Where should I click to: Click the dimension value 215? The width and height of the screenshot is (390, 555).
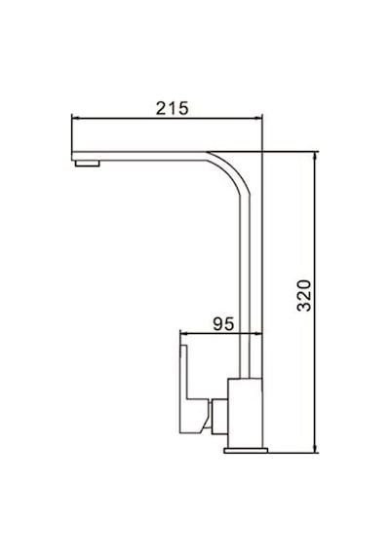[173, 108]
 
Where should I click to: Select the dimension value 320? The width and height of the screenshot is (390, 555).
[304, 296]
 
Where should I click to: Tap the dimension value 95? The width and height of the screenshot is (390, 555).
[223, 323]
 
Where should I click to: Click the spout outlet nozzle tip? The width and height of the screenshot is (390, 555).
[87, 164]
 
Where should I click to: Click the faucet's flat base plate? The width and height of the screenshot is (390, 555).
[246, 450]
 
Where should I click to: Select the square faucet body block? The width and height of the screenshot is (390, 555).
[246, 413]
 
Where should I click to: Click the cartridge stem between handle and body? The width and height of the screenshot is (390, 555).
[219, 417]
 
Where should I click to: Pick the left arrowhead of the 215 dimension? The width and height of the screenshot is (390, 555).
[75, 119]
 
